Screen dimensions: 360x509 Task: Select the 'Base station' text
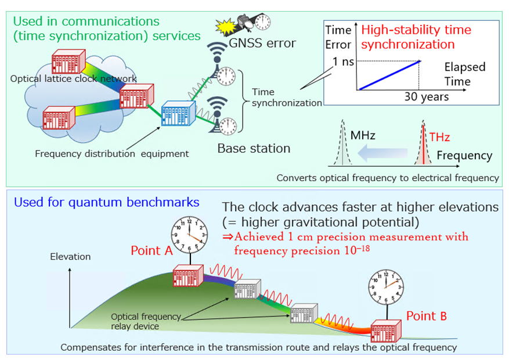[x=254, y=149]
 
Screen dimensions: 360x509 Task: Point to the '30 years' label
[x=427, y=97]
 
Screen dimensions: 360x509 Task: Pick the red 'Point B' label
[x=427, y=316]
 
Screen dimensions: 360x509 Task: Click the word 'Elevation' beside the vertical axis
[x=70, y=256]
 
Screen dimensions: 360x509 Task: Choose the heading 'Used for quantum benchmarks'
[x=106, y=203]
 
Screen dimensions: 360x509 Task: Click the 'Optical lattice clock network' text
[x=74, y=78]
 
